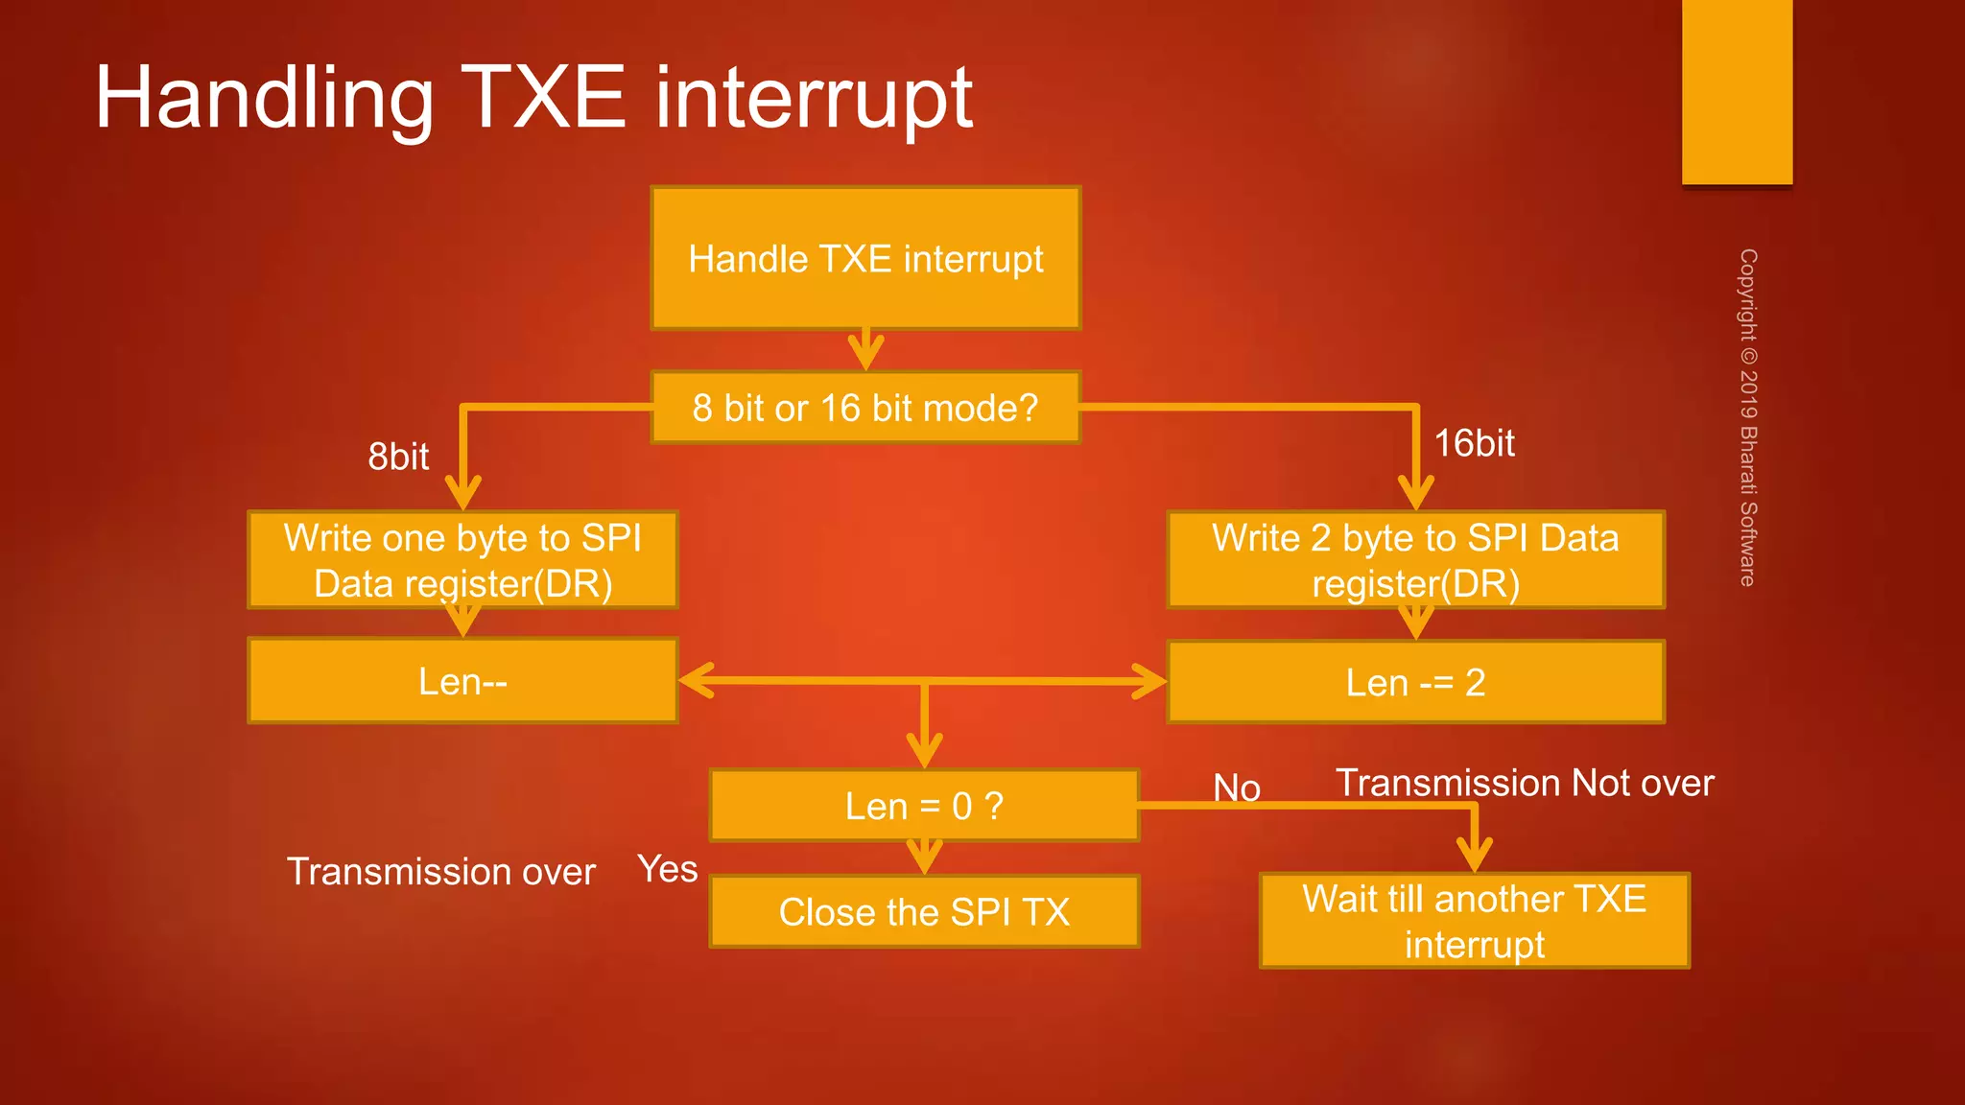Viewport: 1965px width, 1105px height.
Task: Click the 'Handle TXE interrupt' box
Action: click(865, 259)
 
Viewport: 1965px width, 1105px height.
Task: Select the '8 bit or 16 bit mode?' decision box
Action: click(865, 408)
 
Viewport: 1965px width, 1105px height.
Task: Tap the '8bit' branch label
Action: click(398, 457)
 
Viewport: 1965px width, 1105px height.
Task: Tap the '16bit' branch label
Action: click(1474, 443)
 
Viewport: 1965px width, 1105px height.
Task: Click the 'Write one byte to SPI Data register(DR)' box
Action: click(462, 560)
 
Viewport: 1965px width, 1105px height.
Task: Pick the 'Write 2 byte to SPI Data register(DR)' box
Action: click(1415, 560)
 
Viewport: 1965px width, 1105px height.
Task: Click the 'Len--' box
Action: click(462, 681)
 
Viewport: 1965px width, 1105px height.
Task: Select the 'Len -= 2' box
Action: click(1415, 682)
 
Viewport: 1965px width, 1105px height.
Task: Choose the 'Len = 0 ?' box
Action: click(924, 806)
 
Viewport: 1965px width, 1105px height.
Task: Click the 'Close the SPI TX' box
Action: click(924, 911)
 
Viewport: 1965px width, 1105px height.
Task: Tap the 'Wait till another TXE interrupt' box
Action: click(1474, 921)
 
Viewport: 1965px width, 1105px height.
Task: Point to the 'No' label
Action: click(1237, 788)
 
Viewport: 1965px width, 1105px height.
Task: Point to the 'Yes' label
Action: click(668, 869)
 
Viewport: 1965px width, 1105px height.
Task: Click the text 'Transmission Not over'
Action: click(1525, 783)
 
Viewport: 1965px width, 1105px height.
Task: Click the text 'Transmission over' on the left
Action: click(441, 872)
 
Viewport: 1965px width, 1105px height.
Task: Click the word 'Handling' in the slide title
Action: click(265, 98)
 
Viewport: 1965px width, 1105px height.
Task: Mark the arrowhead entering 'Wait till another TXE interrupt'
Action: click(1474, 856)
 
